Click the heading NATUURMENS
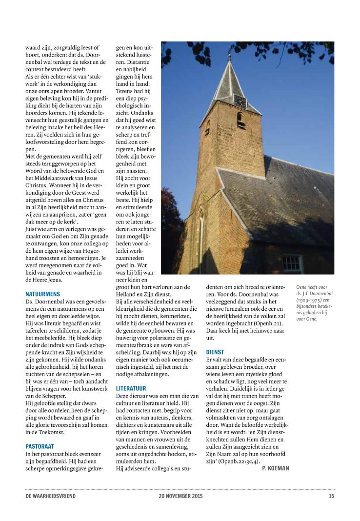point(42,294)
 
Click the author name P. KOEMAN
point(275,468)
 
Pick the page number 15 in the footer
point(331,496)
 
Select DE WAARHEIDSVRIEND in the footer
point(50,496)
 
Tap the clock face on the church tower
point(240,100)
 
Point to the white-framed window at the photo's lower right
point(292,263)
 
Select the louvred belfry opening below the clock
point(241,120)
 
